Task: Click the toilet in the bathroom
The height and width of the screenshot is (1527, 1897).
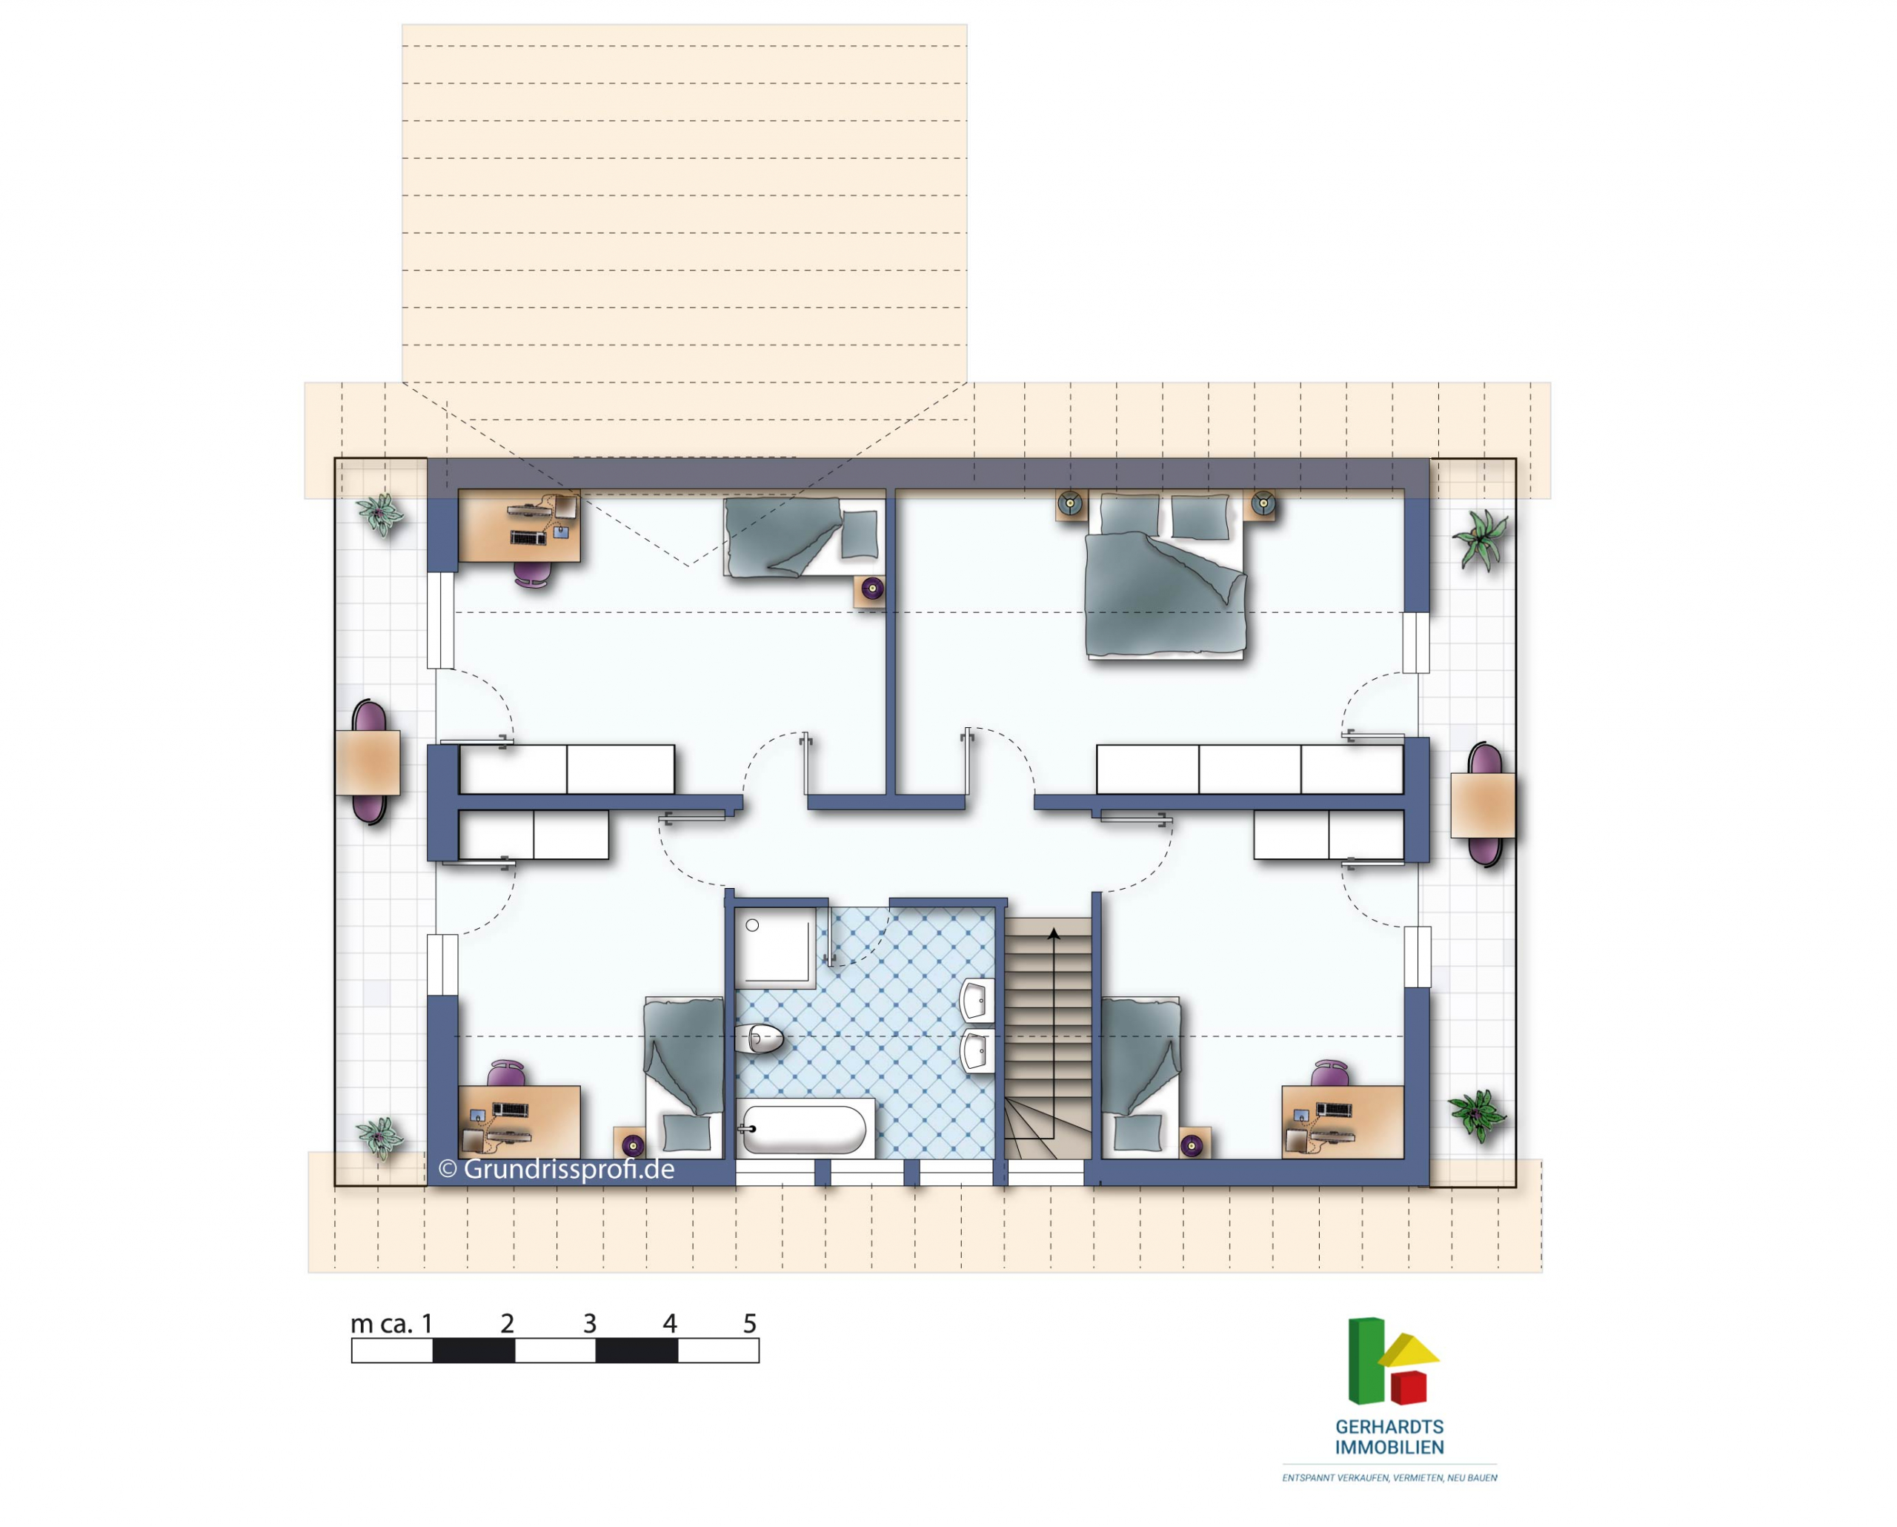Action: click(760, 1039)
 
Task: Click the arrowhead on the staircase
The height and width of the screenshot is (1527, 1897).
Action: click(1054, 933)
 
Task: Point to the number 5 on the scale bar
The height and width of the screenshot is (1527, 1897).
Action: click(750, 1323)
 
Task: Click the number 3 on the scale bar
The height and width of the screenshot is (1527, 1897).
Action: click(590, 1323)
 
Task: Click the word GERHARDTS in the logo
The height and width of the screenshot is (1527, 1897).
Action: click(1389, 1427)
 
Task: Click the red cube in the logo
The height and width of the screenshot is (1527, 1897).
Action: click(1408, 1387)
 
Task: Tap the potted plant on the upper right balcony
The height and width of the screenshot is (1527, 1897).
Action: click(1482, 539)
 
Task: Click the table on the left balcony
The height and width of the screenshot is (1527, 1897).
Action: click(368, 762)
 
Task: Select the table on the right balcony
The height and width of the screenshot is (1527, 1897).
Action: click(1483, 805)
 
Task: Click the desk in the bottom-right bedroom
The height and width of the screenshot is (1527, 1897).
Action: click(1343, 1122)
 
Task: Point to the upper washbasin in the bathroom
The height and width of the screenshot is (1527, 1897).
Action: click(977, 1000)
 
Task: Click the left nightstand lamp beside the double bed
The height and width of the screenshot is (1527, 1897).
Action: click(1071, 504)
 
